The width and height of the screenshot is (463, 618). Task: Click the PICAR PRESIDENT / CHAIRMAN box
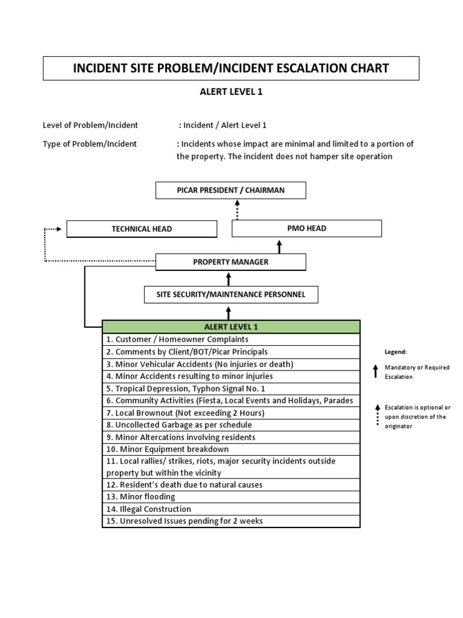[x=231, y=190]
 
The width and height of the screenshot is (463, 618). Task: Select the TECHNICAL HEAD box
[x=142, y=229]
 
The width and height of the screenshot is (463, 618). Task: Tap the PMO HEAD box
[x=307, y=228]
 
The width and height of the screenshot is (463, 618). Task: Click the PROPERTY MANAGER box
[x=231, y=262]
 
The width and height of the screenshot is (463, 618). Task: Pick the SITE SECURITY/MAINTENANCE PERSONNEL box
[x=231, y=295]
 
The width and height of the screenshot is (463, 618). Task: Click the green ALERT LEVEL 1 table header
[x=231, y=327]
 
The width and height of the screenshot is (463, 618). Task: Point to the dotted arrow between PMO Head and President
[x=238, y=209]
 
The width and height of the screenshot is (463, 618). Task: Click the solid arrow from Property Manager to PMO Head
[x=279, y=246]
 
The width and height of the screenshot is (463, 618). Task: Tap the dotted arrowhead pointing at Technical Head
[x=59, y=229]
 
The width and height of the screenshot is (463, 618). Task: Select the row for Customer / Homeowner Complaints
[x=231, y=339]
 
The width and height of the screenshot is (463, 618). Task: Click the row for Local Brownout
[x=231, y=413]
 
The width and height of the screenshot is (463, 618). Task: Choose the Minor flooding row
[x=231, y=497]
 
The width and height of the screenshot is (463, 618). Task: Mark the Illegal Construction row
[x=231, y=509]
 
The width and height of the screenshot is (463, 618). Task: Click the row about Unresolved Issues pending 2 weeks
[x=231, y=521]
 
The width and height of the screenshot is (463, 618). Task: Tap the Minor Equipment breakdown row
[x=231, y=449]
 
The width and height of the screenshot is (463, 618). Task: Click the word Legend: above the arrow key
[x=396, y=352]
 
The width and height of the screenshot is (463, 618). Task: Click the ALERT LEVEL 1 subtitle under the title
[x=231, y=92]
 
